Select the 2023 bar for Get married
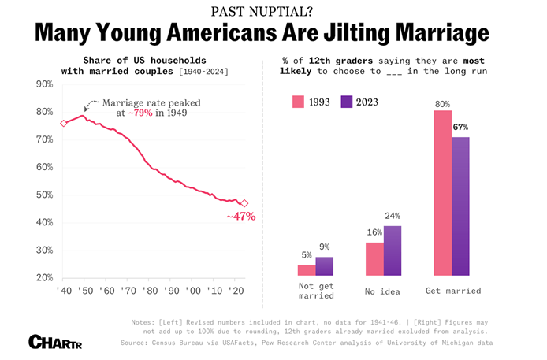460,206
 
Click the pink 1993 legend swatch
299,101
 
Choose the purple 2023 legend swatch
346,101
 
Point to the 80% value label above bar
441,103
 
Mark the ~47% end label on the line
241,217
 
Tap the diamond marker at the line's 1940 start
64,123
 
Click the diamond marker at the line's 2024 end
244,203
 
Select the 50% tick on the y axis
45,195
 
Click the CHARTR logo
55,342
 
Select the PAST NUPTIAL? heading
273,10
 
